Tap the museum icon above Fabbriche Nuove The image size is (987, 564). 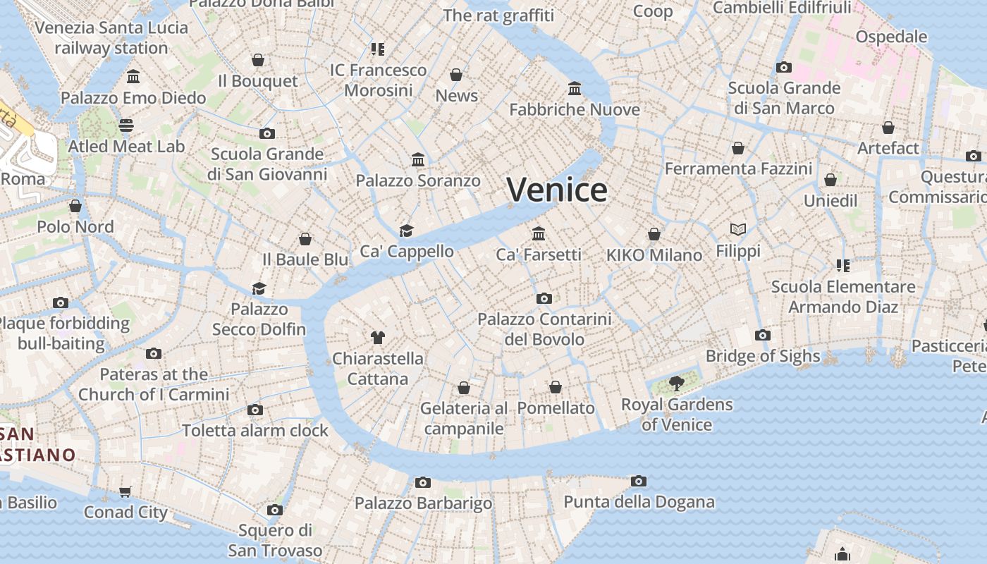(x=575, y=89)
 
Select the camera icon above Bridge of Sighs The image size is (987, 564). (x=762, y=336)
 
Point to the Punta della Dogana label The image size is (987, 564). (x=639, y=503)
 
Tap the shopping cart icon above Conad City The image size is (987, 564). (x=125, y=491)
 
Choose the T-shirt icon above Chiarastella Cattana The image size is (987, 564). (x=378, y=338)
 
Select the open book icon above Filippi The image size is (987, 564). (x=738, y=230)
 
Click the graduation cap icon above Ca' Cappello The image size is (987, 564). (x=406, y=231)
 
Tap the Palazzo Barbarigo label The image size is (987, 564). (x=423, y=503)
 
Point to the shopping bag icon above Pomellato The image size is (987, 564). (x=556, y=387)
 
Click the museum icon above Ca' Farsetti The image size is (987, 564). (x=539, y=233)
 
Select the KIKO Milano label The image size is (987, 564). (x=654, y=255)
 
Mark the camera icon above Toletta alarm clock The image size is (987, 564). (x=255, y=410)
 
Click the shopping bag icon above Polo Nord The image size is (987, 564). (x=75, y=206)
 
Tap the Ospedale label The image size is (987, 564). (x=891, y=37)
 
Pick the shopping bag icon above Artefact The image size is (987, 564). (x=888, y=128)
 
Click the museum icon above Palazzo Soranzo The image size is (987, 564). (x=418, y=160)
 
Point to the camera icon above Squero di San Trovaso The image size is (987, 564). (x=275, y=510)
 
